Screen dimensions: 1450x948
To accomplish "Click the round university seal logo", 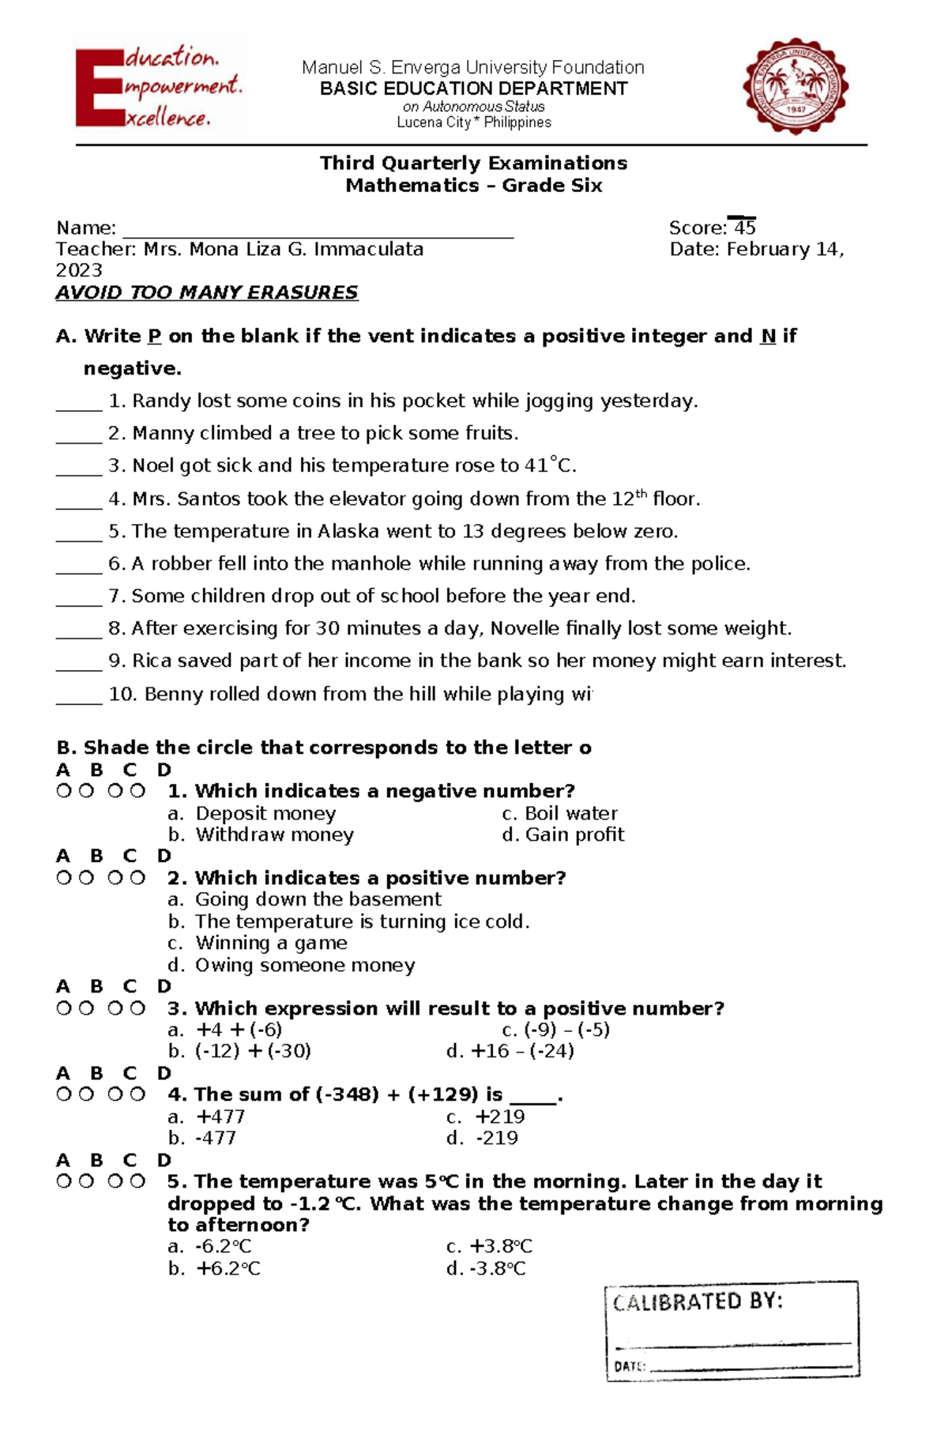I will coord(796,86).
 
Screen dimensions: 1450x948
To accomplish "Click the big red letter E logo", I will coord(99,88).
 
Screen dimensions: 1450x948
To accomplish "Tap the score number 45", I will coord(744,228).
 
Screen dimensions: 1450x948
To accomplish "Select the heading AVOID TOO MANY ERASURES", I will coord(206,292).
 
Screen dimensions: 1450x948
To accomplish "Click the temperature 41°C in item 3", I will coord(550,465).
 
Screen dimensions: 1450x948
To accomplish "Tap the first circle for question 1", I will coord(63,791).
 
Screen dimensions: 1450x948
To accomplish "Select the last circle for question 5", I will coord(137,1181).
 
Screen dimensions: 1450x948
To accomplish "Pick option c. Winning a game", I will coord(258,943).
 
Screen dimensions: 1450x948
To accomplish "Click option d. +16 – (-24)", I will coord(510,1051).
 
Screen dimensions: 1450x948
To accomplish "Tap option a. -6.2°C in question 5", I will coord(210,1246).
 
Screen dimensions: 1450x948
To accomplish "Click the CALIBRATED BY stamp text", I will coord(698,1301).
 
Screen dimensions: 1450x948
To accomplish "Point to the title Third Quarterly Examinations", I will coord(473,163).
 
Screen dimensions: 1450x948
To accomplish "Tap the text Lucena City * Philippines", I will coord(473,122).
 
